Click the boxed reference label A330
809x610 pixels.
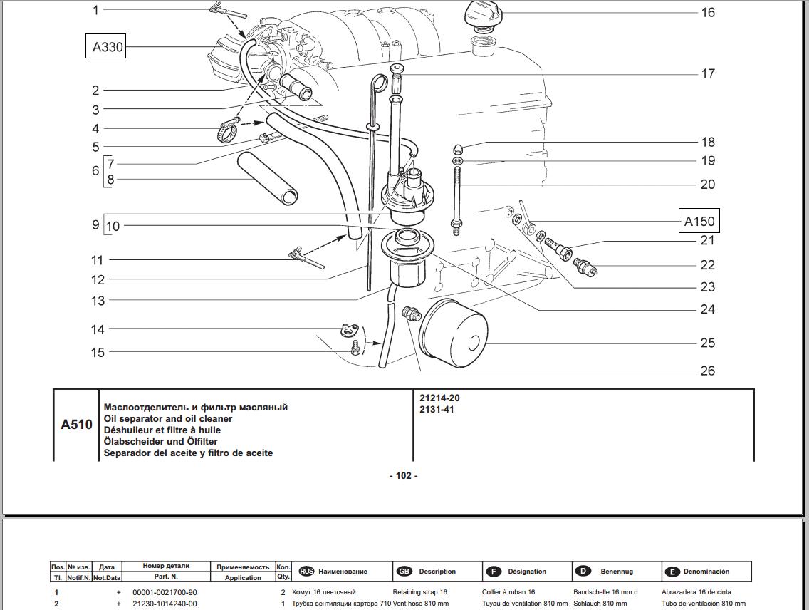tap(105, 47)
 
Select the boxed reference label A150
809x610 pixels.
tap(699, 221)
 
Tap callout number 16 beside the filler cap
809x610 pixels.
tap(707, 12)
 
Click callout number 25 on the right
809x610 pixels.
tap(706, 343)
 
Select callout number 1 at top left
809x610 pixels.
tap(96, 10)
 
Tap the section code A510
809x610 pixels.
tap(76, 425)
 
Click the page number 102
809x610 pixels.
tap(404, 476)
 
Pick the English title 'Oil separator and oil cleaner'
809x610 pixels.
tap(168, 419)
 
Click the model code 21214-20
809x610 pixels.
tap(439, 398)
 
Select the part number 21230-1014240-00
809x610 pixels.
tap(165, 604)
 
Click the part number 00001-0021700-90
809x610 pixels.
tap(165, 592)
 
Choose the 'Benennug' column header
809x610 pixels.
tap(616, 572)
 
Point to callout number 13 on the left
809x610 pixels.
tap(98, 301)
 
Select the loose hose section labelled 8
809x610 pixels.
tap(267, 178)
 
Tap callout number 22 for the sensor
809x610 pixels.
tap(706, 265)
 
